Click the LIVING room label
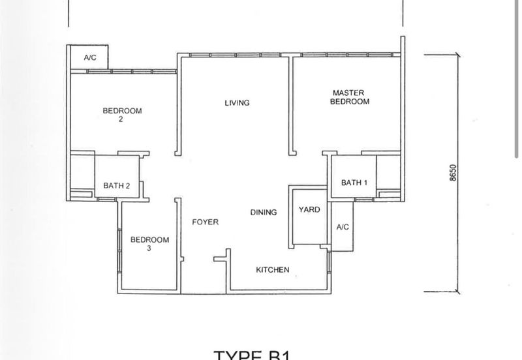237,103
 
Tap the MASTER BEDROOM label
349,97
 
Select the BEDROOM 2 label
122,115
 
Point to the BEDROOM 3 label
149,244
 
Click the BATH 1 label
354,183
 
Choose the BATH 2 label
117,186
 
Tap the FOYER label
205,222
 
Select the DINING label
263,212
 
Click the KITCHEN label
272,270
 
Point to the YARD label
309,210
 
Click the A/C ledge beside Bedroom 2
90,58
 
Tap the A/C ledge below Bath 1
342,227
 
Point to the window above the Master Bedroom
346,54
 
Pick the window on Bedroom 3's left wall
119,248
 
